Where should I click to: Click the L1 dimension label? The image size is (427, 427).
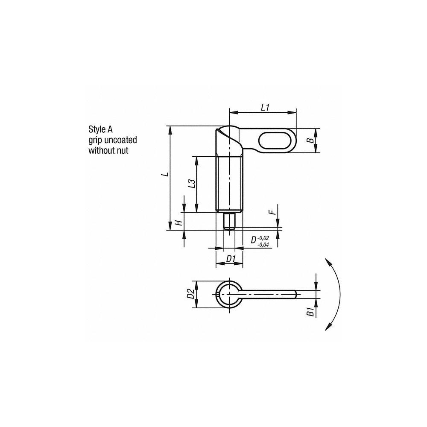265,108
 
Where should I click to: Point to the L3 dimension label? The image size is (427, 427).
192,184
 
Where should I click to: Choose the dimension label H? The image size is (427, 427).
180,222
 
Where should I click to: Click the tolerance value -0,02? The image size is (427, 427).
263,237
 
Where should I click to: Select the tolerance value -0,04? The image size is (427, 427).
263,244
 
